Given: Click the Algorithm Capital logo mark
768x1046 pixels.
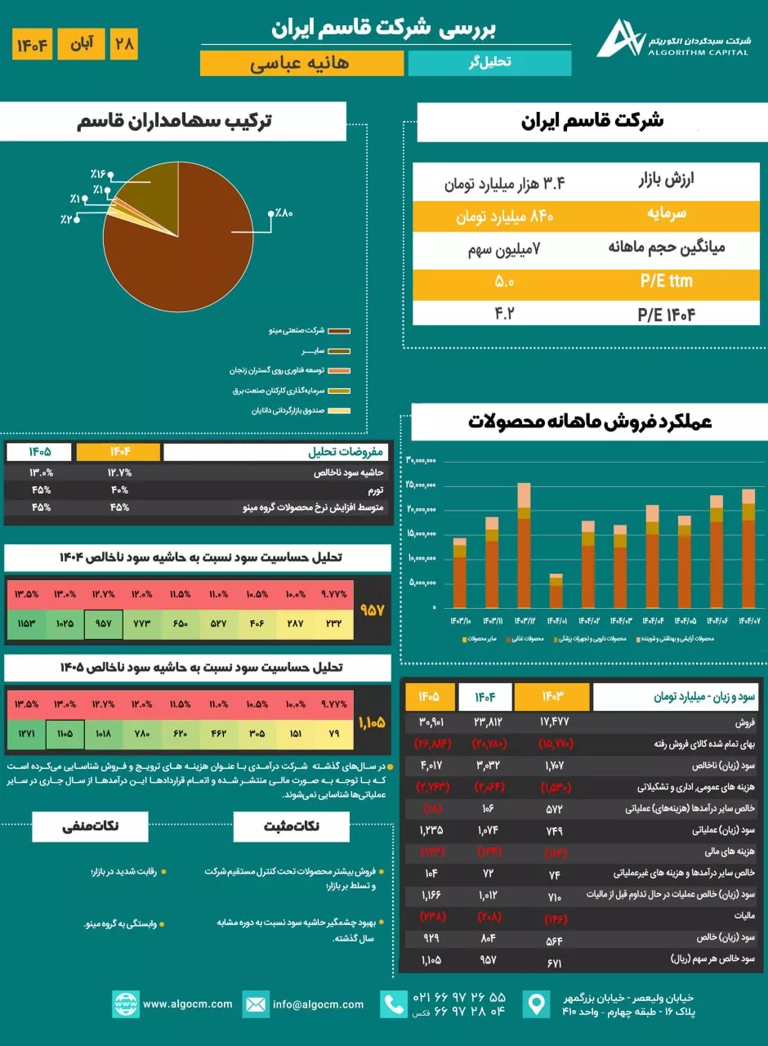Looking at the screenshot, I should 619,39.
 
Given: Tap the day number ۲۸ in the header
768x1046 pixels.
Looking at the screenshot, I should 124,43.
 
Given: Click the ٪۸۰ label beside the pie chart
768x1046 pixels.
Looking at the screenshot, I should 284,213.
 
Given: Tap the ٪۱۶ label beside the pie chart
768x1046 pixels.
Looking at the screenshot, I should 99,175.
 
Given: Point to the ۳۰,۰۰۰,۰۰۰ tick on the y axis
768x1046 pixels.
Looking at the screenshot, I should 422,460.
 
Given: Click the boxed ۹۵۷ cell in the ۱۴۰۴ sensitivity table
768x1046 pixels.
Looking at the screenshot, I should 103,624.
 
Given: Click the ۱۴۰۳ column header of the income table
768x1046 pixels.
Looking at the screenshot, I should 551,697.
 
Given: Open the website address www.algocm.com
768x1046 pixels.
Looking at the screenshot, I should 187,1004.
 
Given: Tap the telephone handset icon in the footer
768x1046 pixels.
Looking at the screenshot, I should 394,1004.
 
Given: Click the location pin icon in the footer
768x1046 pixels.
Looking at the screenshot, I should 537,1004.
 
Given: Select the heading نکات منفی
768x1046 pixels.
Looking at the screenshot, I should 90,825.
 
